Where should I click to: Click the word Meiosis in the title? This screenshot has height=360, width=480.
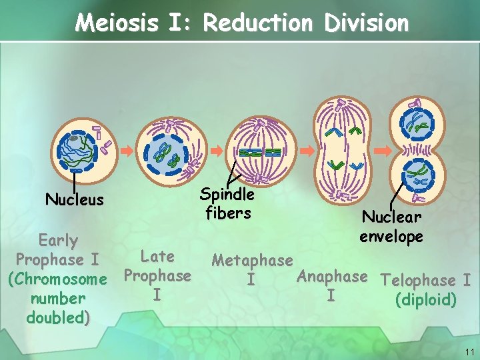point(116,23)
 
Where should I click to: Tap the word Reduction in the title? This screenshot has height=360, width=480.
point(257,23)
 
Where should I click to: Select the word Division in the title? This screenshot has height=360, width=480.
point(366,23)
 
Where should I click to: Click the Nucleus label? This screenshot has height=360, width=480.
point(74,199)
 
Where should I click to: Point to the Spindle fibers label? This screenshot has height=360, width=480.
point(227,203)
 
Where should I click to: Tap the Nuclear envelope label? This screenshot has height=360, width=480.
point(391,227)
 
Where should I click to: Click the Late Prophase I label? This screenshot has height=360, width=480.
point(157,275)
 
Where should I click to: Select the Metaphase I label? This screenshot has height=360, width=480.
point(251,269)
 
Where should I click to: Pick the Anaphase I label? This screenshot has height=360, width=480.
point(332,285)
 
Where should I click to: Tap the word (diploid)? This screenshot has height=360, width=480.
point(425,300)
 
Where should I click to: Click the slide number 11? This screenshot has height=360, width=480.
point(469,351)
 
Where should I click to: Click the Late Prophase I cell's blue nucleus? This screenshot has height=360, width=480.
point(165,154)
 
